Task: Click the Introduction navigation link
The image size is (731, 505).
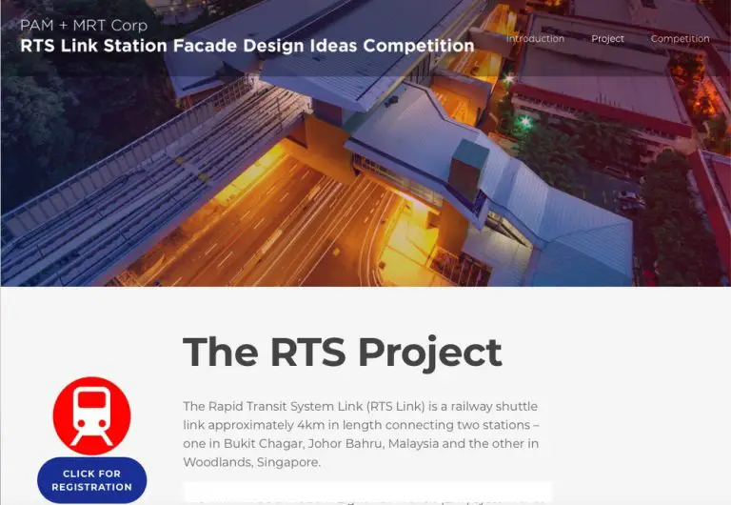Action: coord(535,39)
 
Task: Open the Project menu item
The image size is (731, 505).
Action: coord(607,39)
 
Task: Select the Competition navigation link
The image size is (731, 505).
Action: coord(680,39)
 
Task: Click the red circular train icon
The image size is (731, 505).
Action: coord(91,415)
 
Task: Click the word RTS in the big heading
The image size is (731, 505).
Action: coord(306,352)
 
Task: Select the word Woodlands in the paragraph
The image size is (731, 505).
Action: coord(217,462)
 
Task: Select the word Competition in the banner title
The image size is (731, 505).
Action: coord(417,46)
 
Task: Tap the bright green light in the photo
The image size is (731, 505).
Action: coord(523,122)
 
